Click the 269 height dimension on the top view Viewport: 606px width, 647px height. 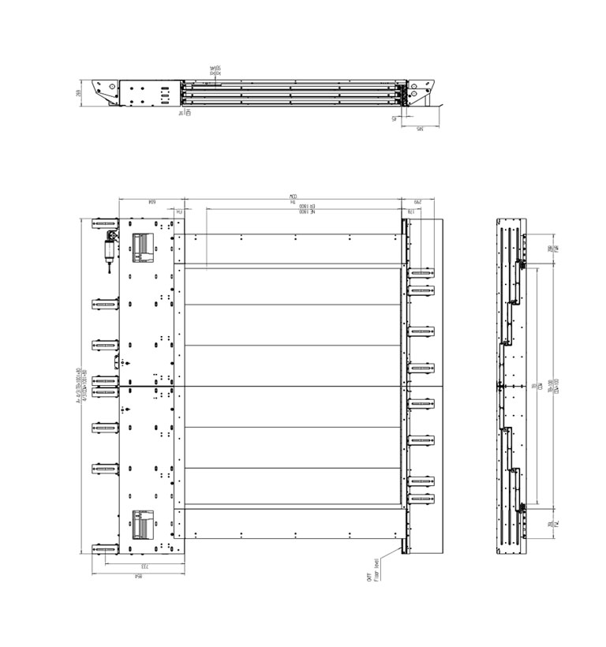click(80, 92)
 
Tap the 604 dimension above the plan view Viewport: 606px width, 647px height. click(149, 203)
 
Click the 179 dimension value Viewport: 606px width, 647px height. click(410, 212)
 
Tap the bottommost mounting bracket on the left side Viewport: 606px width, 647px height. click(105, 549)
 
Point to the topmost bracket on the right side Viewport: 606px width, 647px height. click(421, 272)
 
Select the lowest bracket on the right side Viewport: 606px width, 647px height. click(421, 499)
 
